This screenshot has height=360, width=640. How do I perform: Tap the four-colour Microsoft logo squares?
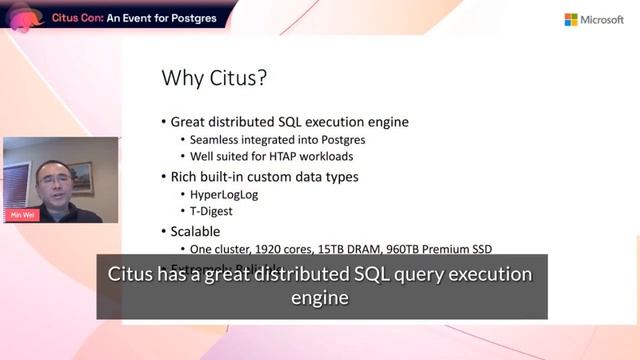572,19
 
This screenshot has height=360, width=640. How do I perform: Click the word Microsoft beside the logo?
603,19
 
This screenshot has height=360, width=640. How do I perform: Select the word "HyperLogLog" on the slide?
225,194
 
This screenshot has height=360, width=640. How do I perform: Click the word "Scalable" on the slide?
203,230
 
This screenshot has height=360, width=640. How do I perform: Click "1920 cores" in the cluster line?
282,249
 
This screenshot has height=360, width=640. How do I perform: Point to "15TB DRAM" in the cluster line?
352,249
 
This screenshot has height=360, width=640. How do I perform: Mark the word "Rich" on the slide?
187,176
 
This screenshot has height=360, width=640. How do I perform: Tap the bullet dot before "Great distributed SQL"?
163,122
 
